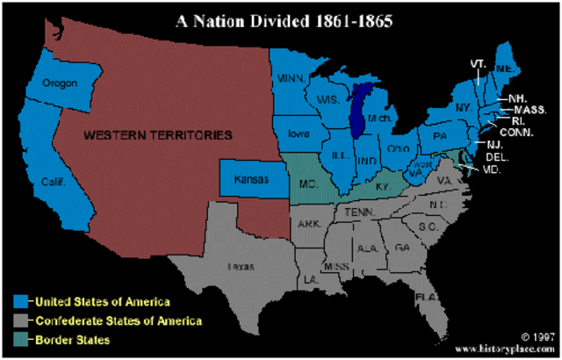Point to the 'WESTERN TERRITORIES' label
pos(158,135)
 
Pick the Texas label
pos(241,264)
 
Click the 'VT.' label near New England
pos(478,64)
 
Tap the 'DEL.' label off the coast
pos(496,156)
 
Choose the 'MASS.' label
pos(532,109)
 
